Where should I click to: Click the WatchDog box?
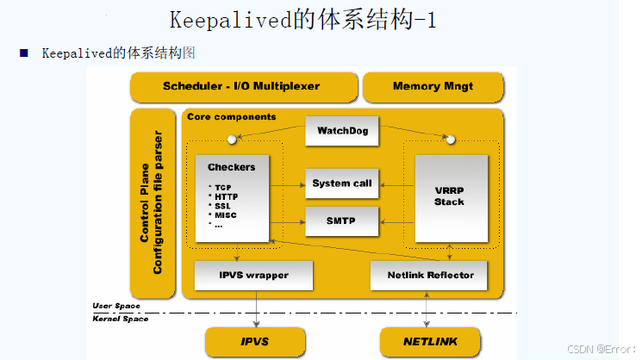click(342, 131)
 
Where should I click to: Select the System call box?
click(342, 183)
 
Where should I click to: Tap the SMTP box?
click(342, 220)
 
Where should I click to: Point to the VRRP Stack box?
click(449, 197)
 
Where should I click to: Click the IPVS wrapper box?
click(241, 275)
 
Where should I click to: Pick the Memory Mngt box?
click(433, 86)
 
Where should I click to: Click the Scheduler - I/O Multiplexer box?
click(241, 86)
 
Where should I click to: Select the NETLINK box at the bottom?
click(430, 342)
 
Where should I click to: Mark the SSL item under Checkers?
click(223, 206)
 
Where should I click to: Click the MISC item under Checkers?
click(226, 215)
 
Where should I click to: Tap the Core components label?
click(232, 116)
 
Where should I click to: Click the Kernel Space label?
click(122, 319)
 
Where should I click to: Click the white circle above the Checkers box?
click(232, 140)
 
